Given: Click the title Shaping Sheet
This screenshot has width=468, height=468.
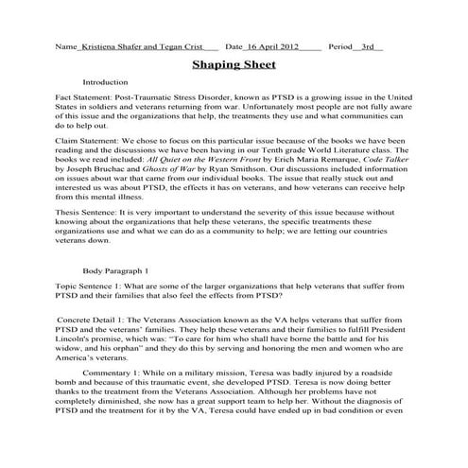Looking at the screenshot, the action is (x=234, y=65).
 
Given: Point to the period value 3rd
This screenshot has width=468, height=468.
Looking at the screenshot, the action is (x=370, y=44).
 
